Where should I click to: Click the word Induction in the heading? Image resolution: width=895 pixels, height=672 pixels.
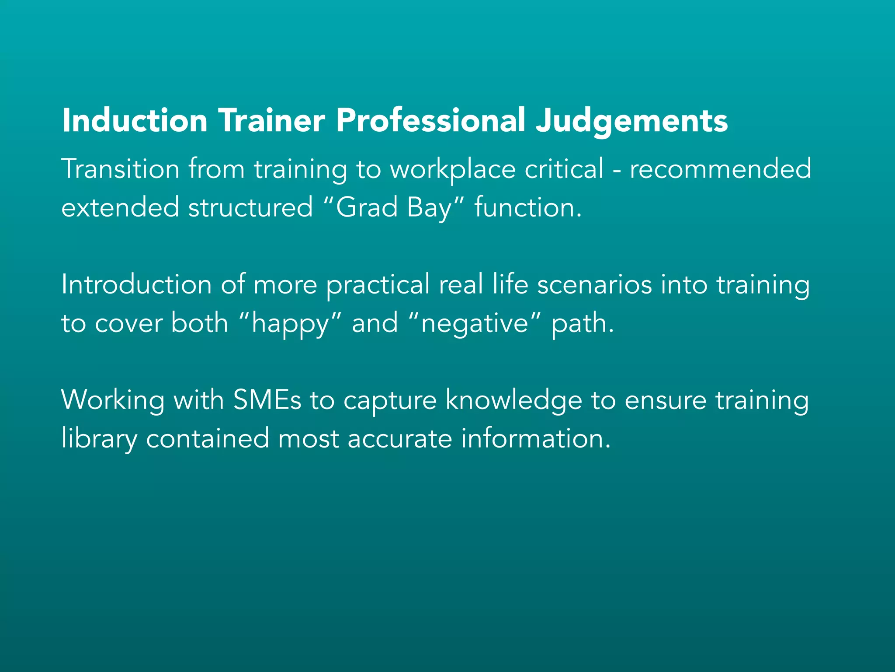(x=135, y=120)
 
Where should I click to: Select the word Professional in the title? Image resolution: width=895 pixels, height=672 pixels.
(x=430, y=120)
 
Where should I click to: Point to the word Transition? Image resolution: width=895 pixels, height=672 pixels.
(x=120, y=169)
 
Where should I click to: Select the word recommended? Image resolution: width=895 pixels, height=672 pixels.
(x=720, y=169)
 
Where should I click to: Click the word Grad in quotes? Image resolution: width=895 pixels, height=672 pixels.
(x=367, y=207)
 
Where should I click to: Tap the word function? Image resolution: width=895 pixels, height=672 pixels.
(x=528, y=207)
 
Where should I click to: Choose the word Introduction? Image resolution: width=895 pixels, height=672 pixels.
(x=136, y=284)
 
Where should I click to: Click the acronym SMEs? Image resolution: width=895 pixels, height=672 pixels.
(x=267, y=400)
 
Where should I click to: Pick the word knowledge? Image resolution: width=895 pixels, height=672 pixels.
(x=513, y=401)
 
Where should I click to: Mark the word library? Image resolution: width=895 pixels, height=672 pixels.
(x=99, y=439)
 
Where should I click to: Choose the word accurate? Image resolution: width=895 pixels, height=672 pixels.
(x=399, y=439)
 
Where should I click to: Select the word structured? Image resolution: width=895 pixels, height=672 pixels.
(x=250, y=207)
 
